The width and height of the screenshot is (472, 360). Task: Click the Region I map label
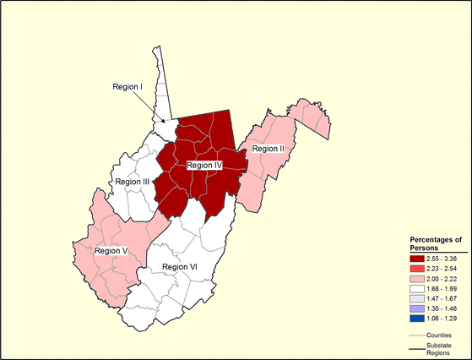[x=130, y=86]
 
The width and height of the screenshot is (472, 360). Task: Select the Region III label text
[x=132, y=182]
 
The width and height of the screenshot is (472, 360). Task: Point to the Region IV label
[x=203, y=166]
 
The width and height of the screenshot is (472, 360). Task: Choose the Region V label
[x=111, y=250]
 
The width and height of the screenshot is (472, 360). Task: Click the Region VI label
[x=179, y=267]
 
